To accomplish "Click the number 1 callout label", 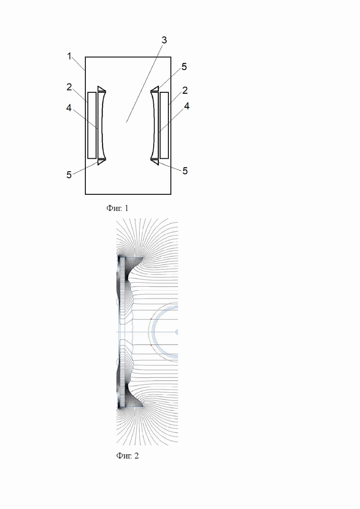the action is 69,56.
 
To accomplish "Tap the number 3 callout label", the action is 164,40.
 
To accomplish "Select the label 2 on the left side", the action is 69,87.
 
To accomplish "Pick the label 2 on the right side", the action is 185,90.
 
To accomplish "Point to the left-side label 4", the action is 69,108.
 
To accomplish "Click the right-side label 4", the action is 186,106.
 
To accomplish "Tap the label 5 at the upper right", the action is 184,67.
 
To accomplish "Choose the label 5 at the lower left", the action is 69,174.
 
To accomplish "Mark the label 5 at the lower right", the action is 185,171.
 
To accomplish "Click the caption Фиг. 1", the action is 117,208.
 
